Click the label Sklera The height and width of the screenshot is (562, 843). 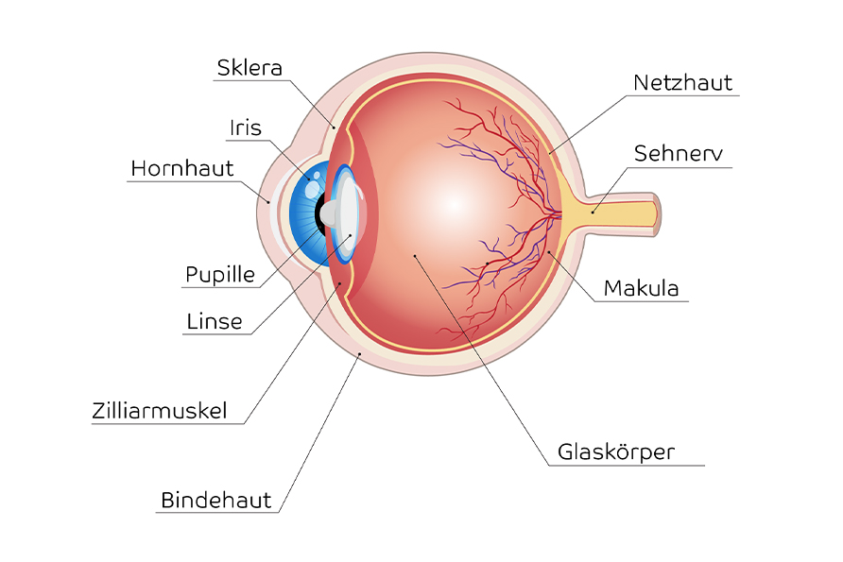(249, 68)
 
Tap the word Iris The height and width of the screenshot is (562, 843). (245, 128)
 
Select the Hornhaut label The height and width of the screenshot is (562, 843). (181, 169)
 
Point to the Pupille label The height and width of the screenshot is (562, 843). (219, 275)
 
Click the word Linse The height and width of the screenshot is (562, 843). (214, 321)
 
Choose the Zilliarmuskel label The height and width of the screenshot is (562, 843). (160, 411)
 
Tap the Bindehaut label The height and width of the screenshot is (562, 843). (215, 500)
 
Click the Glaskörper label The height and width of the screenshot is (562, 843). (616, 451)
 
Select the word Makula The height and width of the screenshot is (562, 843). (641, 288)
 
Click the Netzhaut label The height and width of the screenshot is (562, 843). (682, 83)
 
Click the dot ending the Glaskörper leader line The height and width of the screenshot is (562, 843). (414, 255)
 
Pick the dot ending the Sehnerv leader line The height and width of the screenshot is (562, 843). (593, 212)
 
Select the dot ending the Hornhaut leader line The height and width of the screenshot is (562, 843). (269, 200)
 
